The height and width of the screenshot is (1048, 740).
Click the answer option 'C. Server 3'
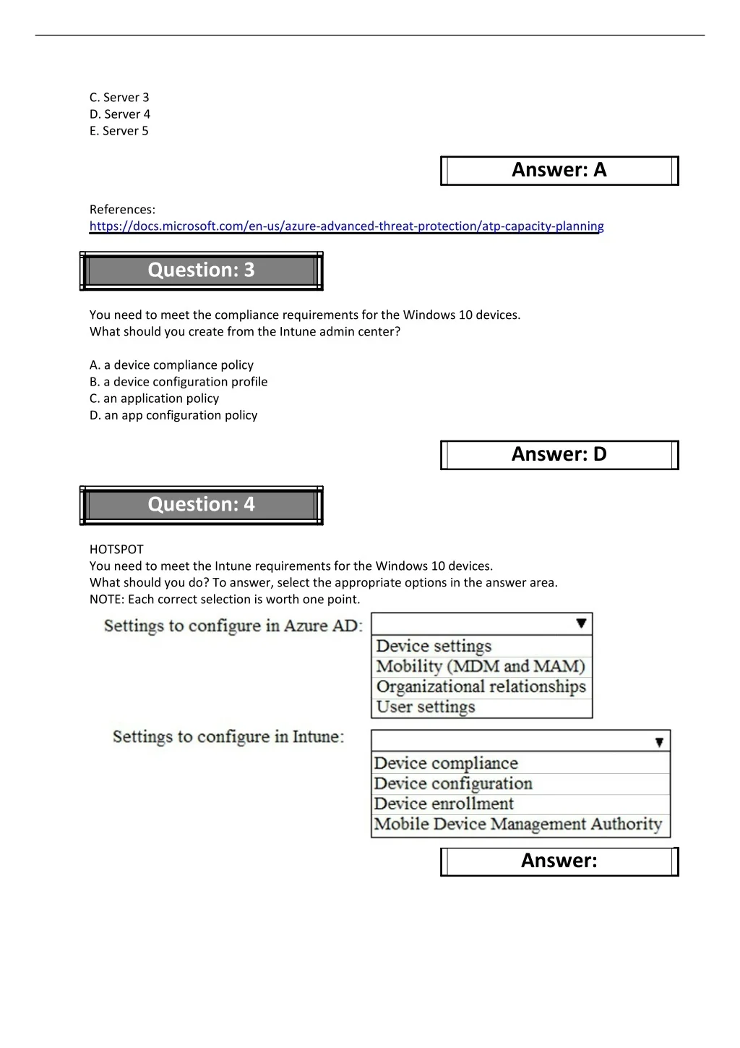tap(119, 98)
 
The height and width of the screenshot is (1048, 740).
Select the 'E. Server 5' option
tap(119, 131)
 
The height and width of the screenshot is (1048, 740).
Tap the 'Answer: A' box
tap(559, 171)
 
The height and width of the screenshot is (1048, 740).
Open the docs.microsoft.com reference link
tap(346, 226)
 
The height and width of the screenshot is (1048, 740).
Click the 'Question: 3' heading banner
tap(201, 270)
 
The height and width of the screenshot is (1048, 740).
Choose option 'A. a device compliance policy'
tap(171, 365)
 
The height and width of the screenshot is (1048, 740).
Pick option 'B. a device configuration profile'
tap(178, 382)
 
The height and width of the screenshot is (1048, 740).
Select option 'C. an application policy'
tap(154, 399)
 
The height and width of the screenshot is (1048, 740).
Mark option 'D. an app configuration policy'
tap(173, 415)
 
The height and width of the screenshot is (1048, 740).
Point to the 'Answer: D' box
tap(559, 455)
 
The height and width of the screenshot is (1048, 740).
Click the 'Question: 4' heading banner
tap(201, 505)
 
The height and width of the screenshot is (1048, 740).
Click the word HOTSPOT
tap(116, 550)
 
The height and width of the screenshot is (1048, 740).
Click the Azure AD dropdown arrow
tap(581, 623)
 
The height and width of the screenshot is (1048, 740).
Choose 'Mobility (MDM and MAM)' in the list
tap(481, 666)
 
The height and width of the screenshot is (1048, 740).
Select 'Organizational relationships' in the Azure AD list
tap(481, 686)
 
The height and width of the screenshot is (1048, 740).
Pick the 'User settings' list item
tap(426, 707)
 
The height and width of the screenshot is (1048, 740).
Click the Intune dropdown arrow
tap(659, 741)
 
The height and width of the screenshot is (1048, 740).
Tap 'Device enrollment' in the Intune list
tap(444, 804)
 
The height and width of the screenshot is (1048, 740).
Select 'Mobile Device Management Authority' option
tap(518, 825)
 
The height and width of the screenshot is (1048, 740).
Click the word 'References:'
tap(122, 210)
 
